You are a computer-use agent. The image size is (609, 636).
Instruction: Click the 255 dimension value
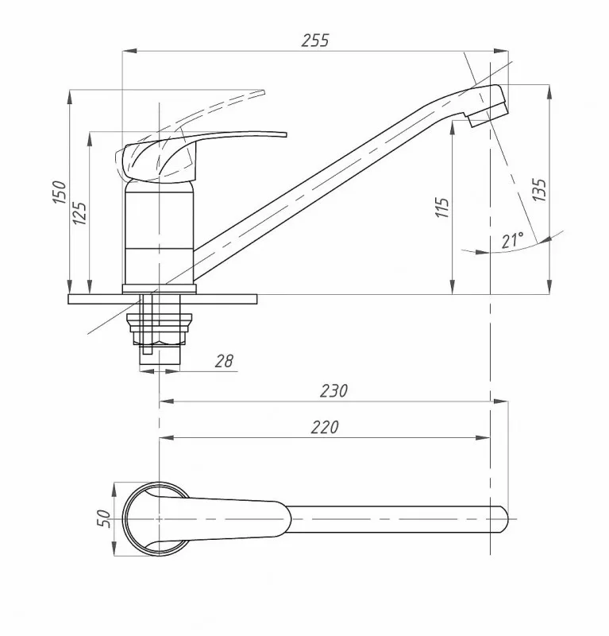pos(315,41)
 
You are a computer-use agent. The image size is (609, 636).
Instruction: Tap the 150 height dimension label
pos(60,192)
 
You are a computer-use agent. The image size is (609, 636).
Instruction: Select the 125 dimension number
pos(79,213)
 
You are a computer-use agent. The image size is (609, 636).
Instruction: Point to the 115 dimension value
pos(442,207)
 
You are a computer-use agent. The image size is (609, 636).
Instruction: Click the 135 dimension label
pos(539,189)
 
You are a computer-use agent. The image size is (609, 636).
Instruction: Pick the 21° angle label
pos(512,241)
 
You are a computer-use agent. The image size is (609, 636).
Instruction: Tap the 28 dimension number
pos(224,361)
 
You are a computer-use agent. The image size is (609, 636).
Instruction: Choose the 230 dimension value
pos(333,390)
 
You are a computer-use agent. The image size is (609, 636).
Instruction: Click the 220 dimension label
pos(325,427)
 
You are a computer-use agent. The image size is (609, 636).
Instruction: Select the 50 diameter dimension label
pos(105,519)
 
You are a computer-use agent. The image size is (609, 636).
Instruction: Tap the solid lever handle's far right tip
pos(286,134)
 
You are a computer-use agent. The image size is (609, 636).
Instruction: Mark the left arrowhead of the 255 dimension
pos(129,51)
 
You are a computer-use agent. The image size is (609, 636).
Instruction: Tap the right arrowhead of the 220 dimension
pos(484,438)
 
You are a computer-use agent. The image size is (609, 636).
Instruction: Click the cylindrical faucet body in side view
pos(159,233)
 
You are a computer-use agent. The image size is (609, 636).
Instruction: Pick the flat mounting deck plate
pos(162,299)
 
